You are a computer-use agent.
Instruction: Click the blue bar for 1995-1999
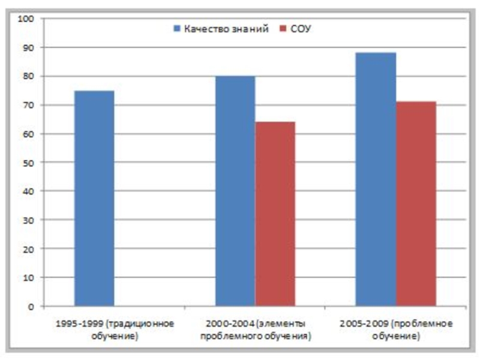(94, 198)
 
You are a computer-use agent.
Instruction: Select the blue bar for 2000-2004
(235, 191)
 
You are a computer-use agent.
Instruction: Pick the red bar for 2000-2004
(275, 214)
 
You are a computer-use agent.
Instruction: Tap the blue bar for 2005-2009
(376, 179)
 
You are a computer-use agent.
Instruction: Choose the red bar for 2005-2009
(416, 204)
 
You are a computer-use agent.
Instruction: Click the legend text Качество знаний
(226, 29)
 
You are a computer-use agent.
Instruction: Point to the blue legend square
(177, 29)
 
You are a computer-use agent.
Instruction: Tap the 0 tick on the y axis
(31, 306)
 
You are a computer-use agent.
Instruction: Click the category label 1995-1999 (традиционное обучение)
(115, 329)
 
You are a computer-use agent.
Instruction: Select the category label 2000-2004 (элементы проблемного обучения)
(255, 329)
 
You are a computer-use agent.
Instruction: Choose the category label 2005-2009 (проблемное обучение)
(395, 329)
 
